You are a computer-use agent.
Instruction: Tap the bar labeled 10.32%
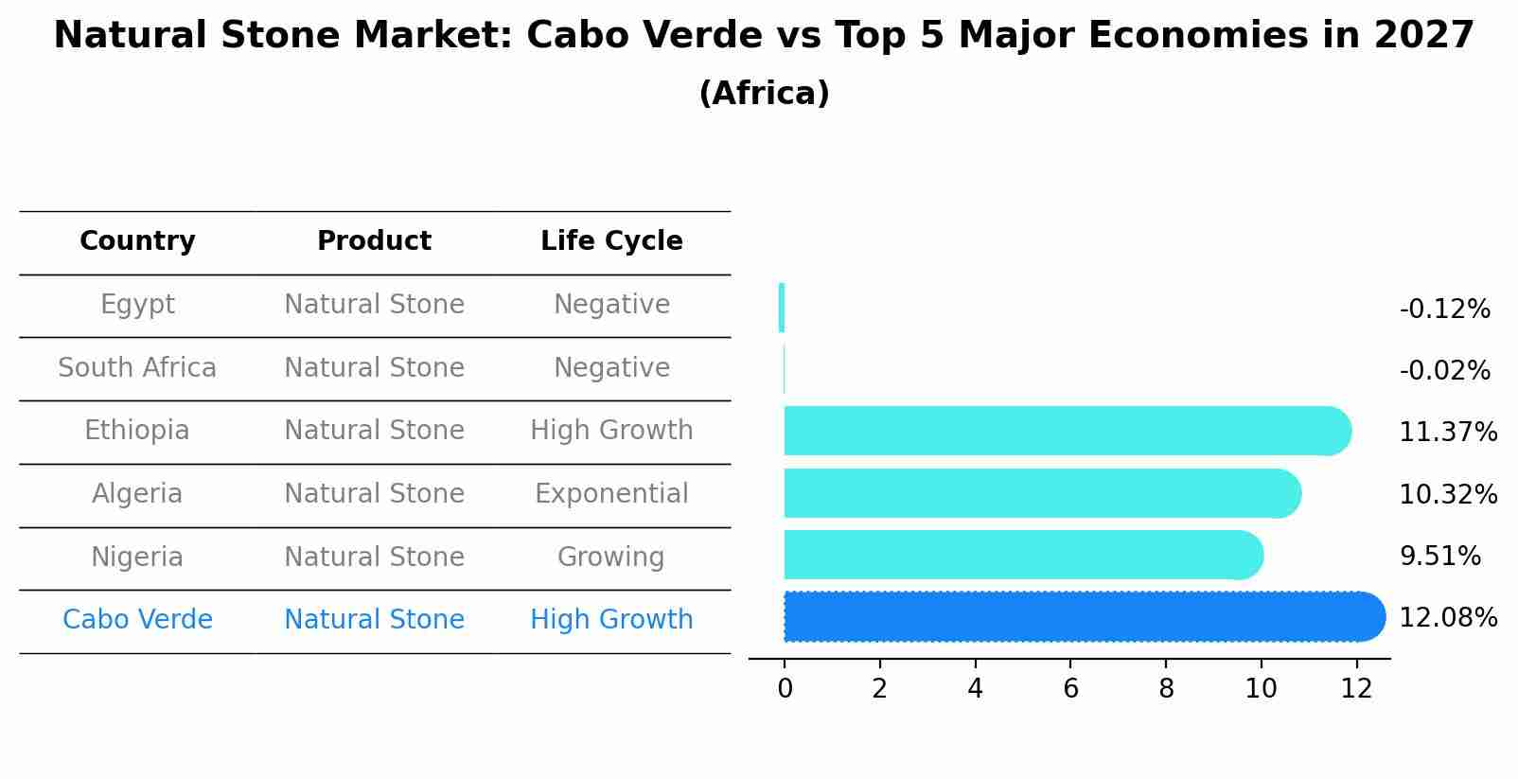[1042, 493]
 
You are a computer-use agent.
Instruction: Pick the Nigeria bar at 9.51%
[1023, 555]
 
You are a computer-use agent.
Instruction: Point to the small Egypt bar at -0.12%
[782, 308]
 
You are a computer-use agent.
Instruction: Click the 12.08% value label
[1448, 618]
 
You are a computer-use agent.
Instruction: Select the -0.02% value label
[1444, 371]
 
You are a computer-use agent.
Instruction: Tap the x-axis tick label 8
[1166, 689]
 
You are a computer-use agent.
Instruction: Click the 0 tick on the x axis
[785, 689]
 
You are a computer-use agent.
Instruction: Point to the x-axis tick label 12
[1356, 689]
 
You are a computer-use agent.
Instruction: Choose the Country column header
[137, 241]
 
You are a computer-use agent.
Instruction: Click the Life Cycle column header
[611, 241]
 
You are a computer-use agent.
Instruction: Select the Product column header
[374, 241]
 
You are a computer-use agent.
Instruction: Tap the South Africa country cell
[137, 368]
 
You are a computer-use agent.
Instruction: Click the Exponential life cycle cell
[611, 494]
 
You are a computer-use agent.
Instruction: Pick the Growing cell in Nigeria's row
[611, 557]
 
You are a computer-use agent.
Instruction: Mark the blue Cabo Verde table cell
[137, 620]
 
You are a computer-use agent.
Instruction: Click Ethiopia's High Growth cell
[611, 431]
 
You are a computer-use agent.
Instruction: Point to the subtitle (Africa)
[764, 94]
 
